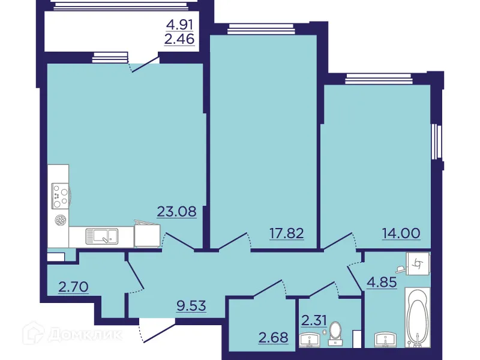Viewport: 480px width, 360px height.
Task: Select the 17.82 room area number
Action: coord(286,233)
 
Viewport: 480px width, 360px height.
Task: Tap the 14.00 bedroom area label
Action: coord(401,233)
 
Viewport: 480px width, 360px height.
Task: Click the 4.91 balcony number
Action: coord(182,26)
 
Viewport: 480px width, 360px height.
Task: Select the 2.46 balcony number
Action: coord(182,41)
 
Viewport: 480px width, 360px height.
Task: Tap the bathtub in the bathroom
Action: coord(418,318)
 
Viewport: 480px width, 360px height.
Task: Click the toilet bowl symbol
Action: coord(336,331)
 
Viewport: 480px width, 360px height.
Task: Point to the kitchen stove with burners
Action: coord(59,194)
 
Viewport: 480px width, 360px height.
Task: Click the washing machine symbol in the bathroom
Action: coord(418,262)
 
